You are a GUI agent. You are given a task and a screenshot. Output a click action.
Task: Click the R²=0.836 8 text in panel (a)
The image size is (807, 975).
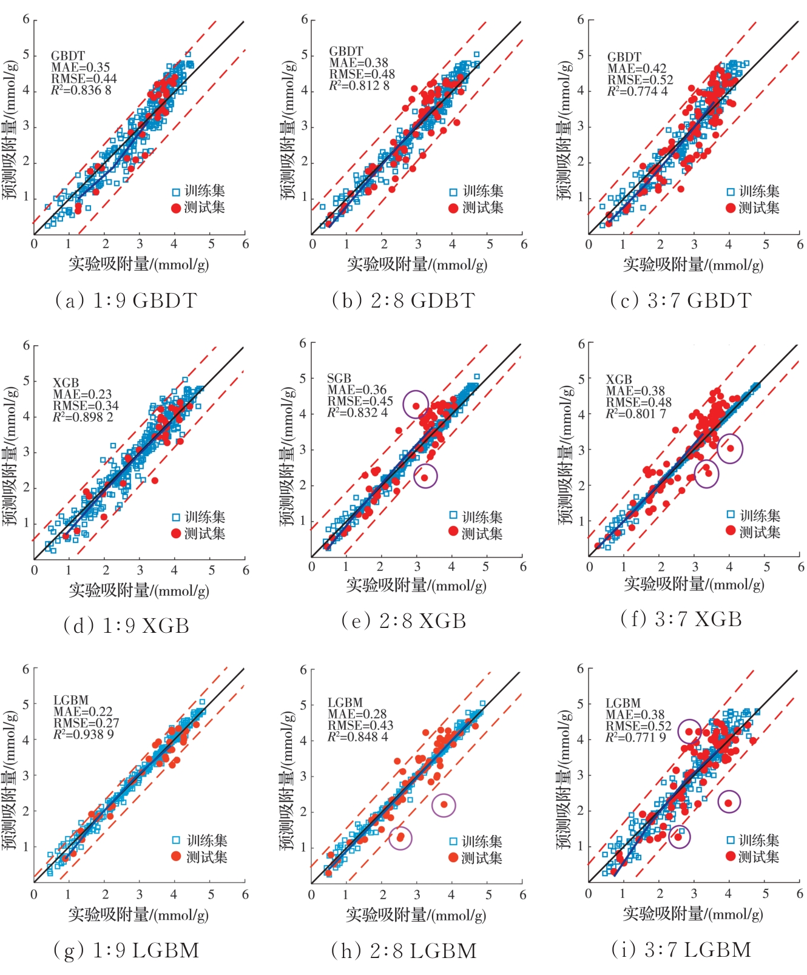tap(81, 90)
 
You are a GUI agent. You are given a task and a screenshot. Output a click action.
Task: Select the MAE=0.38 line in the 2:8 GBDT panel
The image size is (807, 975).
tap(359, 63)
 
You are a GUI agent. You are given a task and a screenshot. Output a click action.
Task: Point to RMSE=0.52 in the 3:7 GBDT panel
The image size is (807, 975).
tap(640, 80)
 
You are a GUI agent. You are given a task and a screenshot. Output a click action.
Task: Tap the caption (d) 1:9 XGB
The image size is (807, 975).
tap(126, 626)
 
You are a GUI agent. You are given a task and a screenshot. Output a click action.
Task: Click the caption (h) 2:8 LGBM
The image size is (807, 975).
tap(403, 951)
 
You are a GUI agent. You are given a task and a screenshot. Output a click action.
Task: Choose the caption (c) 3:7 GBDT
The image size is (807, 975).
tap(681, 300)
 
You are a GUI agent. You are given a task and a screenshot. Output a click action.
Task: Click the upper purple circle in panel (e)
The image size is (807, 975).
tap(416, 405)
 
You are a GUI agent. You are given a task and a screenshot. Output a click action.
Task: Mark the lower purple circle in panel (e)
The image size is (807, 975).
tap(425, 476)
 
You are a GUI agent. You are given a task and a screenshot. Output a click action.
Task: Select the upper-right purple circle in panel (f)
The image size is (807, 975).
tap(730, 448)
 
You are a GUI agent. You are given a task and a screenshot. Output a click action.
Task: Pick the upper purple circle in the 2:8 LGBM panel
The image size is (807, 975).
tap(444, 805)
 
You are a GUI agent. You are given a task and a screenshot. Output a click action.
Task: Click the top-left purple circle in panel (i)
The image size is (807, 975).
tap(689, 732)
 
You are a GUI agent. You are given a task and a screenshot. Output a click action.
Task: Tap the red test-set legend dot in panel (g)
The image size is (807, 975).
tap(176, 856)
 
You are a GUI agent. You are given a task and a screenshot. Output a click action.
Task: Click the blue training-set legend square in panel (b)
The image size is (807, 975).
tap(453, 192)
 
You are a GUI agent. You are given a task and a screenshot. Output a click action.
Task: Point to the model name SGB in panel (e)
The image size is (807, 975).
tap(339, 378)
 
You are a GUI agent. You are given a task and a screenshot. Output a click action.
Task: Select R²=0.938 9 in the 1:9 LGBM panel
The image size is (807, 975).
tap(84, 735)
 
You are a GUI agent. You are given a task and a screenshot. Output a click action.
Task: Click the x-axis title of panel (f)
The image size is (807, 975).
tap(694, 584)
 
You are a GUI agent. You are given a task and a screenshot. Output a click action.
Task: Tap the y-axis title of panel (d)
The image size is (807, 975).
tap(10, 455)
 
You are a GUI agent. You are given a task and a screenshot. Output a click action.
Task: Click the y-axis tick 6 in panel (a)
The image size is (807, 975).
tap(26, 19)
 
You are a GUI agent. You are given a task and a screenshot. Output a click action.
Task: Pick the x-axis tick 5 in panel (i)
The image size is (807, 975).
tap(766, 893)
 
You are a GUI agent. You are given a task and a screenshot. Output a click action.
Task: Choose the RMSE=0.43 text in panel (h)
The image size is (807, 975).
tap(360, 726)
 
